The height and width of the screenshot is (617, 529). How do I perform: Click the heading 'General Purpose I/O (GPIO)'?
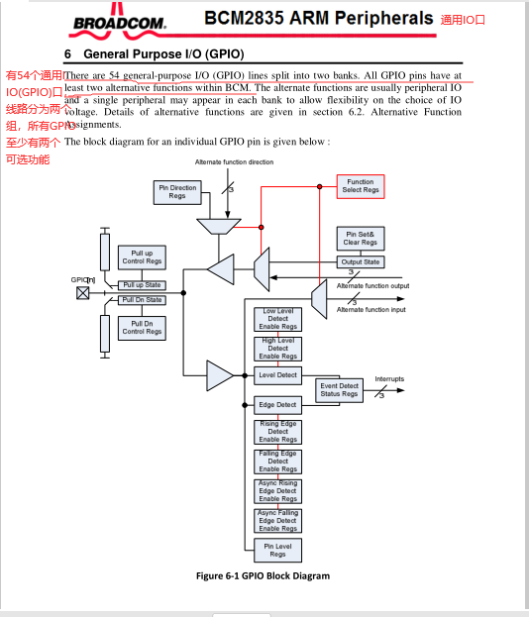click(163, 53)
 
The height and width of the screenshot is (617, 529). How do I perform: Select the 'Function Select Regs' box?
click(360, 186)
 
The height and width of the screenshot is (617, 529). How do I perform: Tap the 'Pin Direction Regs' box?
click(177, 192)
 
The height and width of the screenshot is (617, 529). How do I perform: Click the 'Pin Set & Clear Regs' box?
click(360, 239)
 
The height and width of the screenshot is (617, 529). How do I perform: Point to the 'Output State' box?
click(360, 262)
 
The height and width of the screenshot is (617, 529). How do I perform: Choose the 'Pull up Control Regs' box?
click(142, 257)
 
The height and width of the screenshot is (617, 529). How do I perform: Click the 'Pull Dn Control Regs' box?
click(142, 328)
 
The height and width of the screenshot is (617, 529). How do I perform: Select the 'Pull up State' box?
click(142, 285)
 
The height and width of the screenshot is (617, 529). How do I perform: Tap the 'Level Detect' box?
click(277, 375)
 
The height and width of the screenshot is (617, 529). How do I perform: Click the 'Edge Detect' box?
click(277, 405)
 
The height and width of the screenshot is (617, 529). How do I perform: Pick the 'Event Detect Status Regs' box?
click(339, 390)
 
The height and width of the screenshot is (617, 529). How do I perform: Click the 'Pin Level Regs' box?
click(277, 550)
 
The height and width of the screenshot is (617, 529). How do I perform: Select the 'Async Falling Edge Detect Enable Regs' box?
click(277, 520)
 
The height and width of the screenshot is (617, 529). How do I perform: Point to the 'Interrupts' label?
click(389, 379)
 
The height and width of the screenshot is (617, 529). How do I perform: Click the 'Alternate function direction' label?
click(235, 161)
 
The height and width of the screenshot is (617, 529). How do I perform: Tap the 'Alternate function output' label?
click(372, 286)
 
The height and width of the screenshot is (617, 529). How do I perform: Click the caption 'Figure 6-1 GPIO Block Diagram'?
click(262, 575)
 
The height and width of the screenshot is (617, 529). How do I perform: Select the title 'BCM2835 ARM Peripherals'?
click(318, 18)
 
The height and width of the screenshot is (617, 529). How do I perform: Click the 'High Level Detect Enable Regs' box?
click(277, 349)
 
